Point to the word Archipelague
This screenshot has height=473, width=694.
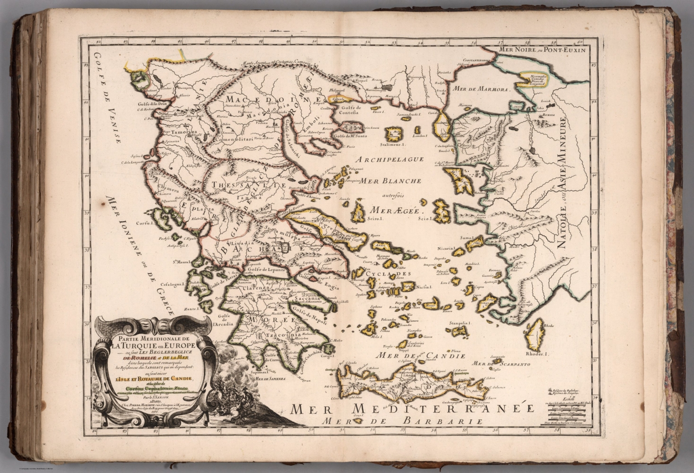pos(389,159)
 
